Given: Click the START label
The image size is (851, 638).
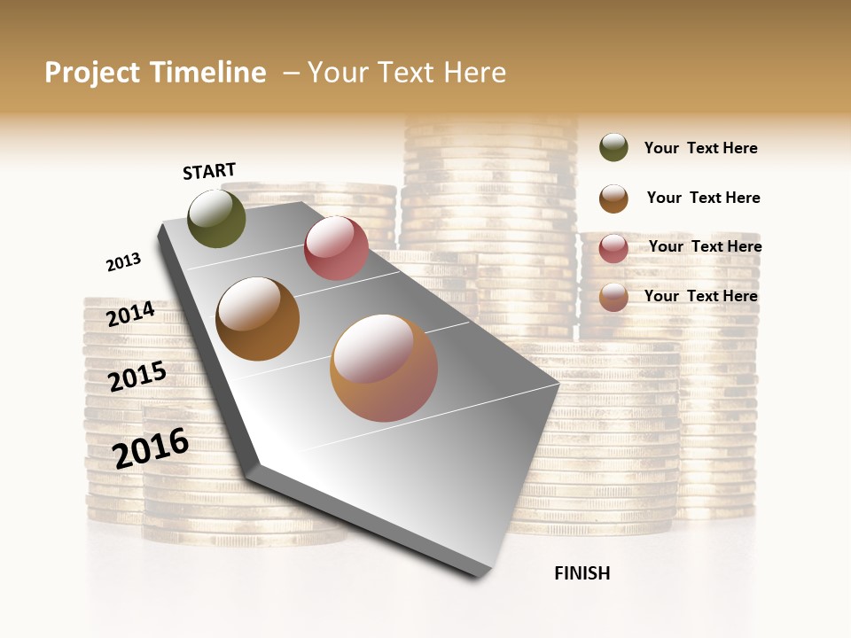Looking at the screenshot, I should tap(209, 171).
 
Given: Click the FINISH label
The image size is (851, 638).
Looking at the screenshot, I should tap(582, 573).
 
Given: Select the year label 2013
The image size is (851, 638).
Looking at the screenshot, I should tap(123, 262).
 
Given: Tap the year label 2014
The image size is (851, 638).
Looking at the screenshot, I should tap(130, 315).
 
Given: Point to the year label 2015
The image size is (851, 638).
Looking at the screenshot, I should tap(137, 377).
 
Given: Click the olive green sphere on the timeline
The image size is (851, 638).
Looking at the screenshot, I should tap(216, 218).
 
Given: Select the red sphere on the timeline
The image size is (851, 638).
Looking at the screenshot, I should tap(336, 248).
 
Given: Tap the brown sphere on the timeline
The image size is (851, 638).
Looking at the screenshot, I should tap(257, 319).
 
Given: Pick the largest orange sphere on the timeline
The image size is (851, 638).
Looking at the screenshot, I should tap(384, 368).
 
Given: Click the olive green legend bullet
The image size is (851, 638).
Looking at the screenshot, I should tap(613, 148).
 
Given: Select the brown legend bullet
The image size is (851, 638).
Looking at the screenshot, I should tap(613, 198).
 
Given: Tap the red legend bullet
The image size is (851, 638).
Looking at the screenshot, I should tap(613, 248).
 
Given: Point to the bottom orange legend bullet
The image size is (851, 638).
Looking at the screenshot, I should tap(613, 297).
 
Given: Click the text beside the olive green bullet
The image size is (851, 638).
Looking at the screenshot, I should tap(700, 148).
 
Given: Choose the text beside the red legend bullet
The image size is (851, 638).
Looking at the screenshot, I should tap(705, 246).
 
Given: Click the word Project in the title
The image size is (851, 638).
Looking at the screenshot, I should tap(93, 73).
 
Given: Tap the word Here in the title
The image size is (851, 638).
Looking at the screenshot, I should tap(474, 73).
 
